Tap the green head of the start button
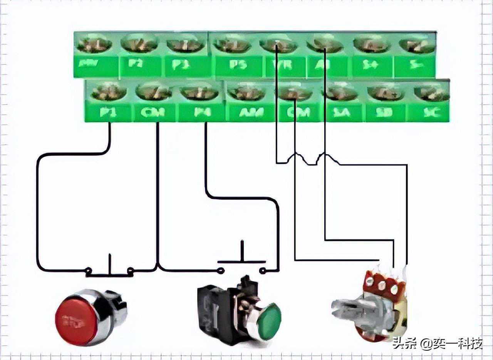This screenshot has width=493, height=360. [x=269, y=321]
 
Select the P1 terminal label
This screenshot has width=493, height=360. [x=108, y=113]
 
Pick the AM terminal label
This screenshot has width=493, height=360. [x=251, y=113]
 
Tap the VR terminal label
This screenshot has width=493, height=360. [x=285, y=64]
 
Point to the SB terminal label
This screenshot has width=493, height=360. [x=383, y=113]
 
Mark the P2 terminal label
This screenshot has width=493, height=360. [x=136, y=63]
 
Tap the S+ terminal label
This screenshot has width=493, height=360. [x=371, y=64]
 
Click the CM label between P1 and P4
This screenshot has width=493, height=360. [x=153, y=113]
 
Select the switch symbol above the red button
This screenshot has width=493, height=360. [x=110, y=270]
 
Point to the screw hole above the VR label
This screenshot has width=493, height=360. [x=278, y=45]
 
